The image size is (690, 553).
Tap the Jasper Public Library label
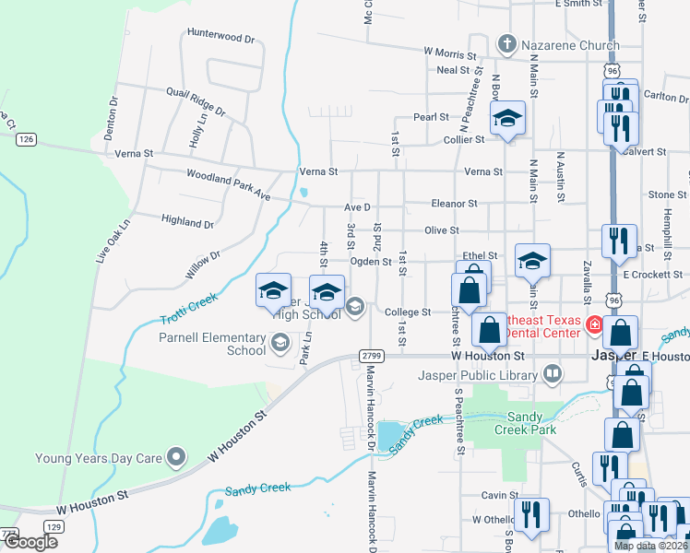(x=491, y=375)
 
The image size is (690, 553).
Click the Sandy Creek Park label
(x=525, y=423)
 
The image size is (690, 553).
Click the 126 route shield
(x=26, y=138)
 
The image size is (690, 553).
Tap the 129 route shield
(x=54, y=525)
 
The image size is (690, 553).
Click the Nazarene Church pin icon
(x=506, y=42)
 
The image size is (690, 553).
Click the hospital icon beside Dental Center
(x=595, y=325)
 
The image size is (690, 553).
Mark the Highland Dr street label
(x=187, y=222)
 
